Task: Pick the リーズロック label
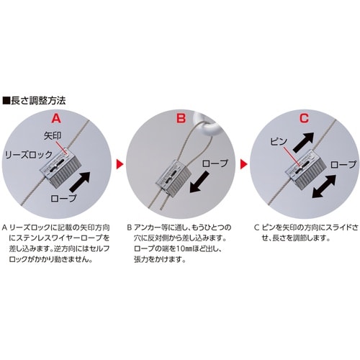coord(24,154)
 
